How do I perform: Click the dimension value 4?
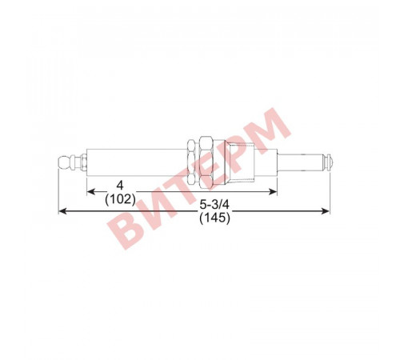[x=121, y=185]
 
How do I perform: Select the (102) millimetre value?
[x=120, y=199]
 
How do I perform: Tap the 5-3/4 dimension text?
[x=214, y=205]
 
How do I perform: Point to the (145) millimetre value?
[x=214, y=218]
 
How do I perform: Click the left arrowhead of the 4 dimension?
[x=91, y=191]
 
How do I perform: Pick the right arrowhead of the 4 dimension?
[x=273, y=191]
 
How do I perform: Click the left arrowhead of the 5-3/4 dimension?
[x=62, y=211]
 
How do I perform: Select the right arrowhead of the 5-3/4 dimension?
[x=326, y=211]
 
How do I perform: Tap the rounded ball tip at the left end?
[x=63, y=162]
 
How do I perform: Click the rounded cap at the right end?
[x=329, y=162]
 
